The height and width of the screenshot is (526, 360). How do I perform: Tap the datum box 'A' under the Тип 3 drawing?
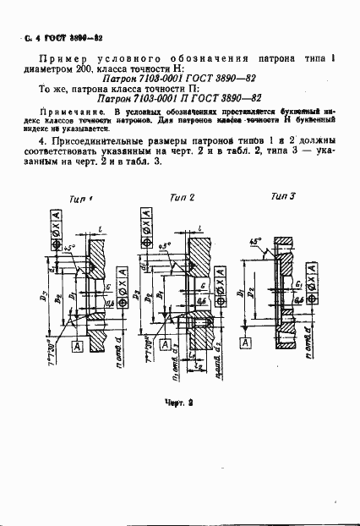[245, 342]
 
